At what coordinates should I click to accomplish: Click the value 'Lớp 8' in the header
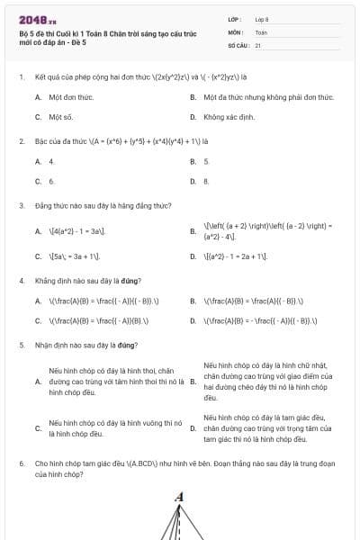point(262,18)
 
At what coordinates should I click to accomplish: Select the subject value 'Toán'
point(261,31)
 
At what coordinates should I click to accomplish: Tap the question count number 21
point(258,44)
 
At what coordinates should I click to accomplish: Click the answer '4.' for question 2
point(51,161)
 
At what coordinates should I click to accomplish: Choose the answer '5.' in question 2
point(206,161)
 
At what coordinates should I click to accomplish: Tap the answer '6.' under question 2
point(51,181)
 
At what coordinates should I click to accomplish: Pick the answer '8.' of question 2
point(206,181)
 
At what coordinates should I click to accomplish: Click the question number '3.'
point(21,206)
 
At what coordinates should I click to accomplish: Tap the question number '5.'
point(21,345)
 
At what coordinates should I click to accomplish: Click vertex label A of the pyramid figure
point(179,497)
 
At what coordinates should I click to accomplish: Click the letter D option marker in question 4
point(193,319)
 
